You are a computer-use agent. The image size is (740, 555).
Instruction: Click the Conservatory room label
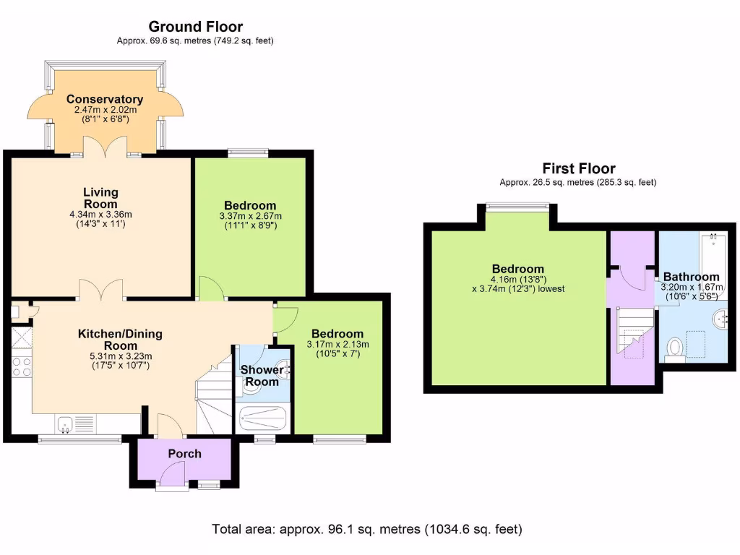tap(105, 99)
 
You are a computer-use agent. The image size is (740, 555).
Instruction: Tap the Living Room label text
tap(100, 198)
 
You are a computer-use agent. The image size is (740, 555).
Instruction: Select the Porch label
tap(184, 454)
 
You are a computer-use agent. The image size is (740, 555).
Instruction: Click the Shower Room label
tap(262, 376)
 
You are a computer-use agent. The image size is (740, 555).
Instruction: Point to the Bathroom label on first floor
tap(691, 277)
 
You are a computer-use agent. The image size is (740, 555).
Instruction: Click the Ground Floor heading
tap(195, 27)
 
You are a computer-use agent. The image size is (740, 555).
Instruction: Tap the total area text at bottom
tap(366, 529)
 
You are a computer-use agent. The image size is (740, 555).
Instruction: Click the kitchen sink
tap(66, 424)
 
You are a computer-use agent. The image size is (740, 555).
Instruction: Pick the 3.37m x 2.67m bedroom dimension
tap(250, 216)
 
